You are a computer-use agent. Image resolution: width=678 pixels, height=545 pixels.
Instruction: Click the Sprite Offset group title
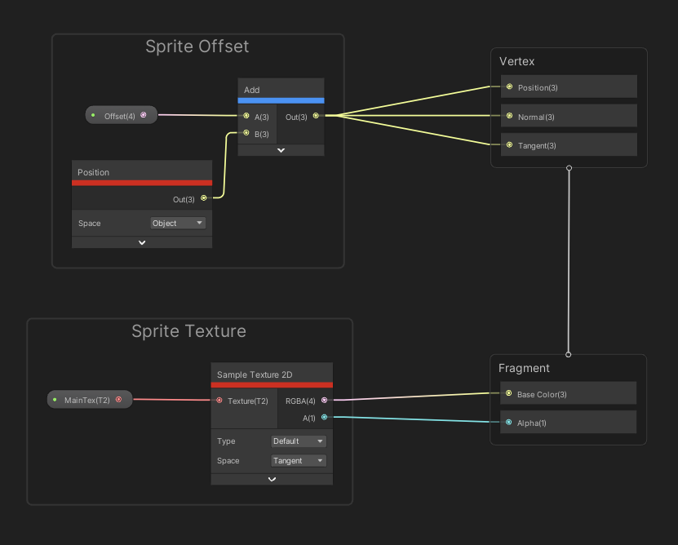point(197,47)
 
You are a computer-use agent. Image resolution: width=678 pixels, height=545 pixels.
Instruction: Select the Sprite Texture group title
point(188,331)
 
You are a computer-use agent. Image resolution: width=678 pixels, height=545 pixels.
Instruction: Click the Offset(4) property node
point(121,116)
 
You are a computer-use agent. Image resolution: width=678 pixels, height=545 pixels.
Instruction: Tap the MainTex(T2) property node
point(89,400)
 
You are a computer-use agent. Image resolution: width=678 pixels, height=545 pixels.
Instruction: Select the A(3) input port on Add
point(246,116)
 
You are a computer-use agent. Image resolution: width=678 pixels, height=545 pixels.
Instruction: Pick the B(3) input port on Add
point(246,133)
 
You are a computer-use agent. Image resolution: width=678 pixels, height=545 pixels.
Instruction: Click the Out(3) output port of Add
point(316,116)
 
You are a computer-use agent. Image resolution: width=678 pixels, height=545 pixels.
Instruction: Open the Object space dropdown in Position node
point(178,223)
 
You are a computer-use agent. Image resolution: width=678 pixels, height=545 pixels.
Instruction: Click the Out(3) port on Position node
point(203,198)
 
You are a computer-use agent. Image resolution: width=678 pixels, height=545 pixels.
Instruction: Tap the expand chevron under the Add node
point(281,150)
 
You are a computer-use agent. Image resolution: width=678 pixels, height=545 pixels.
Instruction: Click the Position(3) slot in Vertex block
point(569,87)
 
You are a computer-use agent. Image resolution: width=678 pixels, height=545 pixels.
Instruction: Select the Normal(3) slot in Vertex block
point(569,117)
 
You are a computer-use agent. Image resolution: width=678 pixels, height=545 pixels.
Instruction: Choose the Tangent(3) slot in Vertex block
point(569,145)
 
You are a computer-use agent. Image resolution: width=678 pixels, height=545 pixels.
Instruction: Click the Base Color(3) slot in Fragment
point(569,394)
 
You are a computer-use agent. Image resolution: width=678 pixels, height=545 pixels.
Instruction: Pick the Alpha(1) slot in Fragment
point(569,423)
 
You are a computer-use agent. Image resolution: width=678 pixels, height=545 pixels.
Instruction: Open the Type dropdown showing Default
point(299,441)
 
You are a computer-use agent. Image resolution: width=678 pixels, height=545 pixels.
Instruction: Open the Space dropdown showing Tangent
point(299,461)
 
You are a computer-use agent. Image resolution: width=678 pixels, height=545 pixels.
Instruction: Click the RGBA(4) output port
point(324,400)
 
